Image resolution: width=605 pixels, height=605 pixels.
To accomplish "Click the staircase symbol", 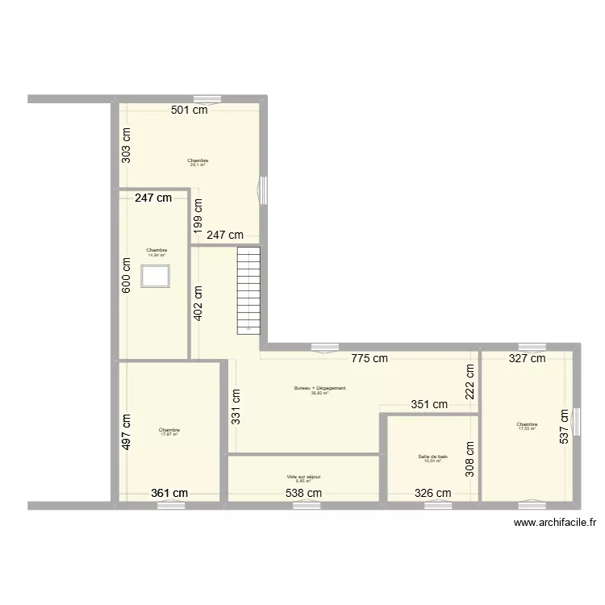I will point(248,290).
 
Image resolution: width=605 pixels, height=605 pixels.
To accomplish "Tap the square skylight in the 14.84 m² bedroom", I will point(155,277).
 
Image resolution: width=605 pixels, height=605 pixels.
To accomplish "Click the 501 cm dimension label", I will point(189,111).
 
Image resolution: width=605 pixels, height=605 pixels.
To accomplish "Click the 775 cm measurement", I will point(369,358).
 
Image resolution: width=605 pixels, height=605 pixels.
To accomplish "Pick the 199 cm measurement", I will point(198,215).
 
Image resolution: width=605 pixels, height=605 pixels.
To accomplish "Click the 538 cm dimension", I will point(303,493).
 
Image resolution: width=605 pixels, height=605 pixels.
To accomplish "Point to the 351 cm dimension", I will point(429,405).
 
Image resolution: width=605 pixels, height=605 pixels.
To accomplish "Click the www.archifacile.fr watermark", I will point(557,522).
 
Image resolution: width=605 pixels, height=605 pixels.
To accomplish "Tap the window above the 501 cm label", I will point(212,100).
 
